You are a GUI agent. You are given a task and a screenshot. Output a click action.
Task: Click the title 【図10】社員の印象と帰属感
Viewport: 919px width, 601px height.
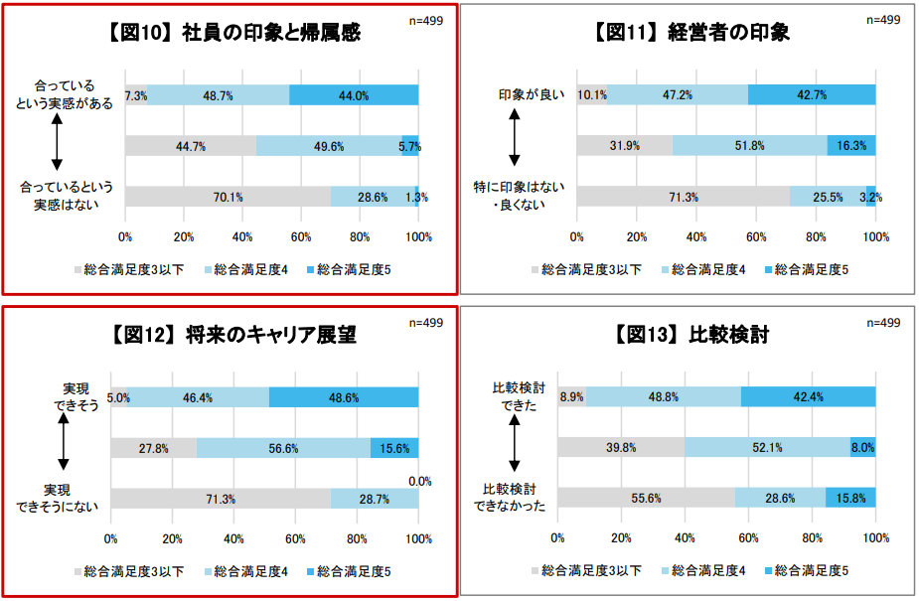230,33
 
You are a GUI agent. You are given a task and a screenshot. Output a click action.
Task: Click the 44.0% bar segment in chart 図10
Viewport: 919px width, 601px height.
354,95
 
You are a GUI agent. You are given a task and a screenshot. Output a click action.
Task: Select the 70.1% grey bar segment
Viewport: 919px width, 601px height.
228,197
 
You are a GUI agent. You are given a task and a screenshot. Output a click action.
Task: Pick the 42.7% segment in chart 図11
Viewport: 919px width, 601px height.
812,95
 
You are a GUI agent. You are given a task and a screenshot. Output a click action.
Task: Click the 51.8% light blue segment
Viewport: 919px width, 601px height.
750,146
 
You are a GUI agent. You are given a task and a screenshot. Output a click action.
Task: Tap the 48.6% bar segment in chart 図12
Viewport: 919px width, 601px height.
344,397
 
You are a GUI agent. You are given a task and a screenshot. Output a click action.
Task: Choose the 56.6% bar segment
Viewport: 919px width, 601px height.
283,448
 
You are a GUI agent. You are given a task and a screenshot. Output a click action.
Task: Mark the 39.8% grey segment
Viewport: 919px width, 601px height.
621,448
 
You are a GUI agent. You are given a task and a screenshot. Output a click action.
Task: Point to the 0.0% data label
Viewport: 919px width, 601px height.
420,482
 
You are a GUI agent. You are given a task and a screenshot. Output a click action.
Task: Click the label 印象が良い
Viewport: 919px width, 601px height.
532,95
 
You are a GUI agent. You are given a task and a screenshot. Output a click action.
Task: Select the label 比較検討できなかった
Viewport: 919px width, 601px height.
514,498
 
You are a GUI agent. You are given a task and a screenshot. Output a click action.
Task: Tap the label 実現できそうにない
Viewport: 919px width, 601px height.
59,498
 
